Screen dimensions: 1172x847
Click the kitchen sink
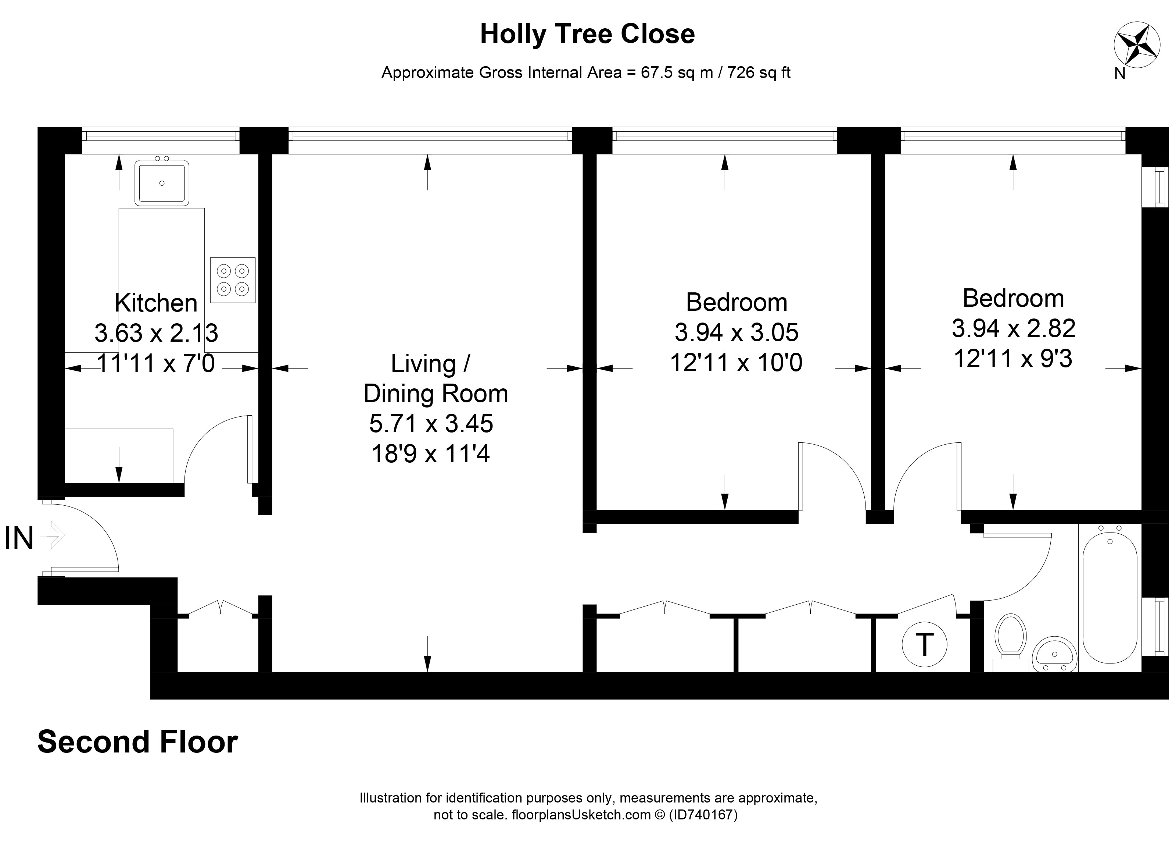point(162,183)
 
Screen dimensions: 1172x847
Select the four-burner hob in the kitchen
point(233,280)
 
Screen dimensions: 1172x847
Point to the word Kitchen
point(156,303)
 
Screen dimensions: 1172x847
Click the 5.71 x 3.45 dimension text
point(431,424)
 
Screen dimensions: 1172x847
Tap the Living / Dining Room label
point(435,378)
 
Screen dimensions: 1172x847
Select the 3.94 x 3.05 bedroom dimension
point(736,332)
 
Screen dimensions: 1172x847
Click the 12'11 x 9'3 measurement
point(1013,358)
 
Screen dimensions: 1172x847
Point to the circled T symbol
point(924,645)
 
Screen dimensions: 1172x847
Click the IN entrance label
point(19,538)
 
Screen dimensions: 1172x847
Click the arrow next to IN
point(52,535)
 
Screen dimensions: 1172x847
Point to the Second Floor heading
point(137,742)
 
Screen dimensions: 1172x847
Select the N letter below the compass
point(1120,74)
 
